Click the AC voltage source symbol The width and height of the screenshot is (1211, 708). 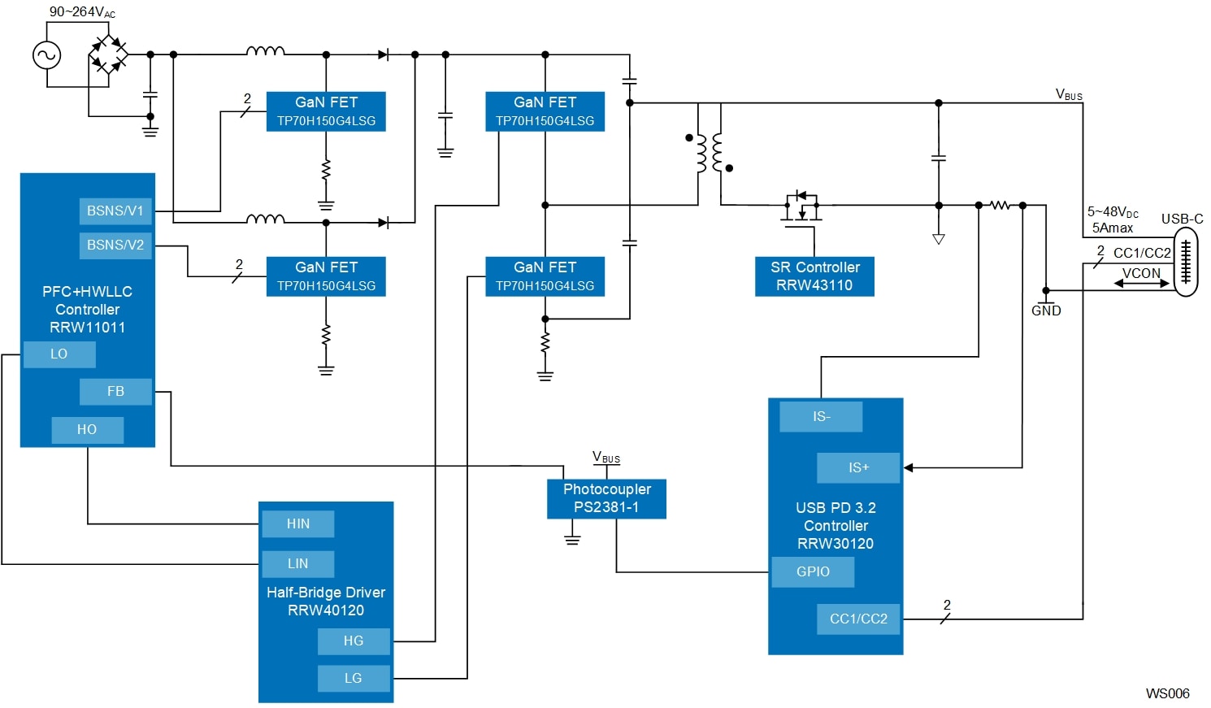click(46, 55)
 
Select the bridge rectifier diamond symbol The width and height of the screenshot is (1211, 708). click(109, 54)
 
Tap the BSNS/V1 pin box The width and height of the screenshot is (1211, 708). click(115, 211)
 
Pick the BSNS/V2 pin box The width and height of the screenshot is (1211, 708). click(115, 245)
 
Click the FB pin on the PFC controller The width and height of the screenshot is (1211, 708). click(115, 392)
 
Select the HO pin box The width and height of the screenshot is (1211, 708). click(88, 430)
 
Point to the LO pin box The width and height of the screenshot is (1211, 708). click(59, 354)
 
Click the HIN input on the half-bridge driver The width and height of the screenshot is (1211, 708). click(298, 524)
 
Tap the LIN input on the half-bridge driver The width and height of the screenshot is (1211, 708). click(298, 564)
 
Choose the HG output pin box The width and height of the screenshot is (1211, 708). click(354, 641)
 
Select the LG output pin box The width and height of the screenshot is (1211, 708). click(354, 678)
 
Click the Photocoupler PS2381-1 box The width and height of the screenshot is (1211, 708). click(606, 498)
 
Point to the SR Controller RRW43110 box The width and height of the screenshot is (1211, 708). click(814, 276)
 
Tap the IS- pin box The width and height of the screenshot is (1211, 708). click(821, 417)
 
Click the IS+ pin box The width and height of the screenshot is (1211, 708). click(858, 468)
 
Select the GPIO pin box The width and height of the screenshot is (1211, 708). click(813, 572)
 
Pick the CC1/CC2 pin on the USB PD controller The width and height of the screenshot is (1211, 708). click(858, 619)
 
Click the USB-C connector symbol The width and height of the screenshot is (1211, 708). click(1186, 262)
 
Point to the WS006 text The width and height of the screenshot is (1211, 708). click(1168, 693)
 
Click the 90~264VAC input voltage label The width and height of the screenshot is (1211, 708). click(82, 12)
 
